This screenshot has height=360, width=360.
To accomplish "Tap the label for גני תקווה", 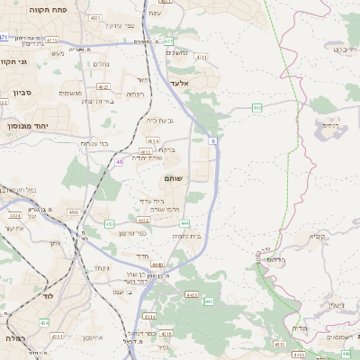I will coord(15,62).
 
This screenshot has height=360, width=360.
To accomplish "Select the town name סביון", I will coord(23,93).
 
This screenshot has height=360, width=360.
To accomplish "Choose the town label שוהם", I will coord(173,179).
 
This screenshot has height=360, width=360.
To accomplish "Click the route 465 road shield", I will coord(257,108).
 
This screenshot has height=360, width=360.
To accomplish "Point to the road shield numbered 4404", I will coord(13,216).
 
